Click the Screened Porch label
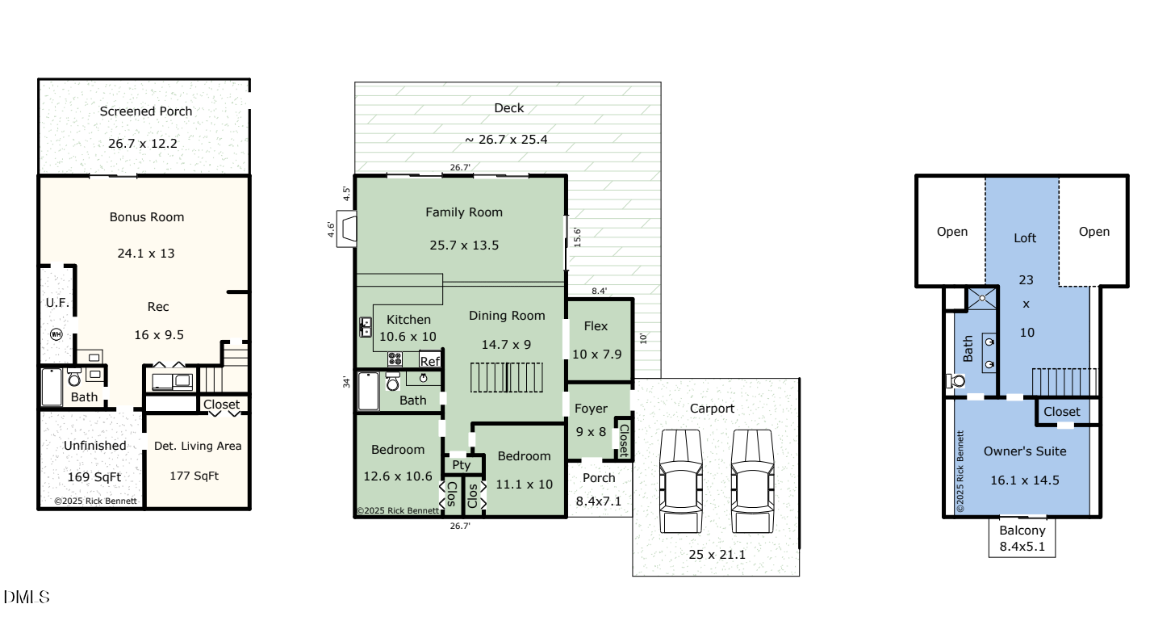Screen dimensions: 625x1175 (x=146, y=111)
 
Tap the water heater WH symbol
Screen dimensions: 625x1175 (x=56, y=333)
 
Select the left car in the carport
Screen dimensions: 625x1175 (x=681, y=481)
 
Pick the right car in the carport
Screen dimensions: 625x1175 (x=752, y=481)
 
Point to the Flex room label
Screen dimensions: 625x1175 (x=596, y=326)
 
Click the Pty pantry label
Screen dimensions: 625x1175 (x=461, y=465)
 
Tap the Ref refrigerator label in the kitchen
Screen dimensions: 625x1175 (x=429, y=362)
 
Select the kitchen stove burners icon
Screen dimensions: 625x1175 (x=395, y=359)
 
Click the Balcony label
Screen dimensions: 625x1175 (x=1022, y=531)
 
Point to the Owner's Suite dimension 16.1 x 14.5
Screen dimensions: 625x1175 (x=1024, y=480)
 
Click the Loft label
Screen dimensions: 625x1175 (x=1025, y=238)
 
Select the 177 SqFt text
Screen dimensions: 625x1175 (x=194, y=476)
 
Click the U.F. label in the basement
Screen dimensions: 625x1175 (x=57, y=303)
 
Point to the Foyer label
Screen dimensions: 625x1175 (x=591, y=409)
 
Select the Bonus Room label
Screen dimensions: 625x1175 (x=147, y=217)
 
